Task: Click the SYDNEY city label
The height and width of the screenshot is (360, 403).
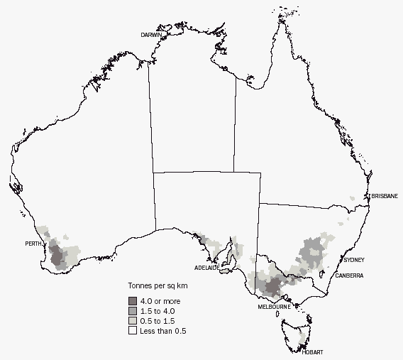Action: pos(353,260)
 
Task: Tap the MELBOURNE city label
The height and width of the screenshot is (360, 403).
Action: pos(273,307)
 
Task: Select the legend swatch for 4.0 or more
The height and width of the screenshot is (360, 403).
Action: pos(133,301)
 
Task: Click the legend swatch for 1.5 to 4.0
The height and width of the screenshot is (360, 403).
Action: pos(133,311)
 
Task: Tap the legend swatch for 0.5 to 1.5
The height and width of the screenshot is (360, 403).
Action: pos(133,321)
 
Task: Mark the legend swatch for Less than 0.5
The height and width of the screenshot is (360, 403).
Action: pos(133,331)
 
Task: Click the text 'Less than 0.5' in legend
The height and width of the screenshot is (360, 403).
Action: pos(164,331)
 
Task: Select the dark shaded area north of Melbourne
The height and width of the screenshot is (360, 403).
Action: pos(275,286)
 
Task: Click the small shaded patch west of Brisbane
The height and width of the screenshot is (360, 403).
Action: pos(353,199)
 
